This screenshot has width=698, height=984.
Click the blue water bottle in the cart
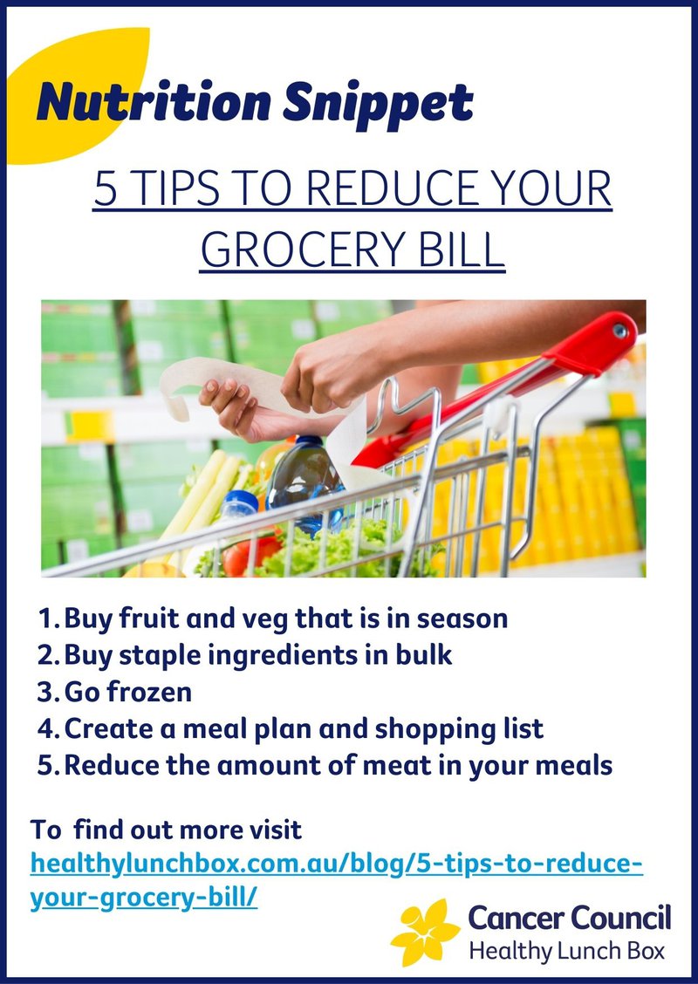click(x=305, y=480)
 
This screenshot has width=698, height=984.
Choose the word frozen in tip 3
click(x=149, y=692)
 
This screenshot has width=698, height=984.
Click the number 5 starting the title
click(x=106, y=189)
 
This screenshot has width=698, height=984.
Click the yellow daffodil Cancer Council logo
click(x=425, y=932)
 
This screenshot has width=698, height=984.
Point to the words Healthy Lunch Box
click(x=567, y=952)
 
